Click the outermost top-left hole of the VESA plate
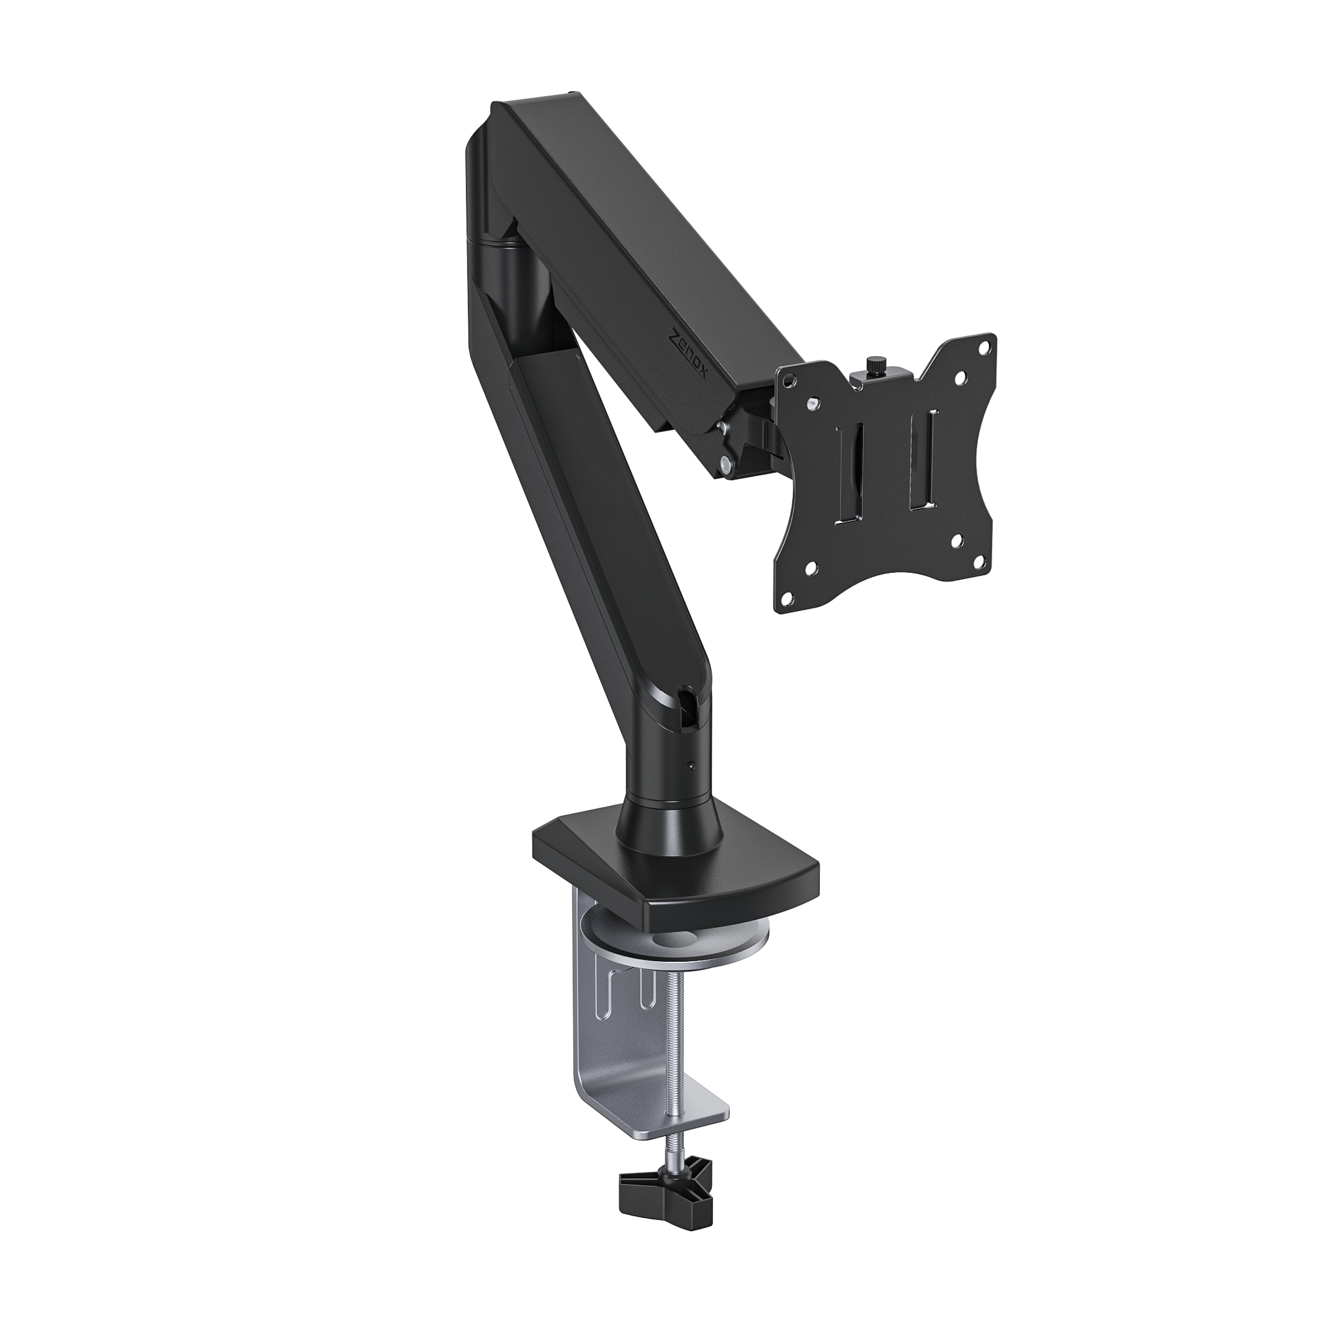pyautogui.click(x=788, y=378)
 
